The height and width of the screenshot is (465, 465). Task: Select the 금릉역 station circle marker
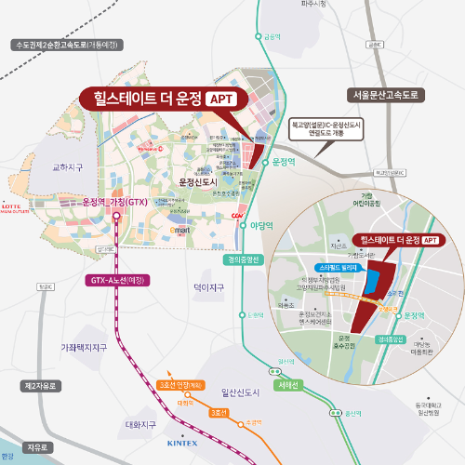(x=258, y=37)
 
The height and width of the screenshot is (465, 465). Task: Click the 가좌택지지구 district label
(x=85, y=347)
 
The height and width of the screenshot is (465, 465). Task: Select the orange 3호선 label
(x=220, y=412)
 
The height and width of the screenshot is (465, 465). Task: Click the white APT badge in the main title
(x=222, y=98)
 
